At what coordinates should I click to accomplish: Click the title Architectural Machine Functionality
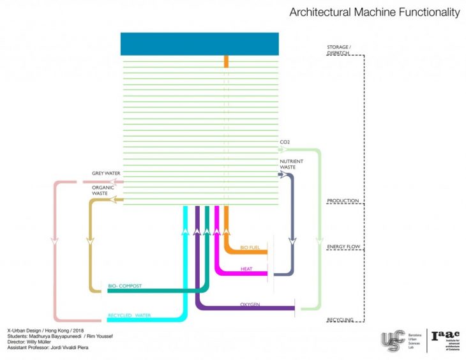click(x=374, y=12)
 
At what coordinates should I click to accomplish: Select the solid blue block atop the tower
click(x=200, y=43)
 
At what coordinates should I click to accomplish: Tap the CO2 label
click(x=285, y=142)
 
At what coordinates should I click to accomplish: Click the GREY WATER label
click(x=106, y=173)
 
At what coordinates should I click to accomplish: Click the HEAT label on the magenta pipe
click(x=246, y=269)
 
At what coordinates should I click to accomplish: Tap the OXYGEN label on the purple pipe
click(x=250, y=304)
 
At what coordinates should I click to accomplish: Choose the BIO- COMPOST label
click(x=124, y=286)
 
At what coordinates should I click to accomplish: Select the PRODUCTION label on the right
click(x=343, y=201)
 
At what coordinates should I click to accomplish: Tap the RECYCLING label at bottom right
click(x=340, y=319)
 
